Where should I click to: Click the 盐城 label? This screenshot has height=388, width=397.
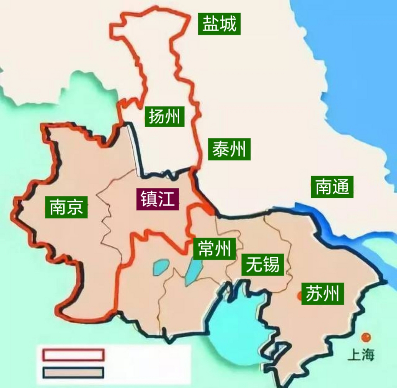pyautogui.click(x=219, y=24)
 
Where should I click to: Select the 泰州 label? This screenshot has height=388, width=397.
pyautogui.click(x=229, y=149)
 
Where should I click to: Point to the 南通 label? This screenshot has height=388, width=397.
pyautogui.click(x=332, y=187)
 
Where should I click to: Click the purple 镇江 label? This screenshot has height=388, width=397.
pyautogui.click(x=157, y=199)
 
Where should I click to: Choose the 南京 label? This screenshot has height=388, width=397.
pyautogui.click(x=66, y=207)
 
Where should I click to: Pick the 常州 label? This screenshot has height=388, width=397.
pyautogui.click(x=214, y=249)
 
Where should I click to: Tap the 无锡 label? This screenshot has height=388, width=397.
pyautogui.click(x=262, y=264)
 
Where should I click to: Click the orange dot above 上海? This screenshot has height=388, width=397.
pyautogui.click(x=366, y=337)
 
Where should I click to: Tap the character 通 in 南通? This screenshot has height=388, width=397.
pyautogui.click(x=341, y=187)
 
